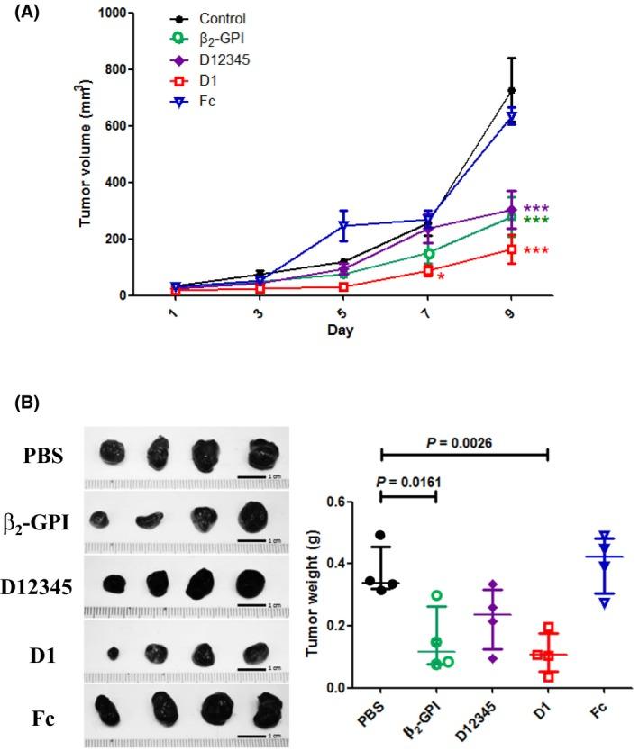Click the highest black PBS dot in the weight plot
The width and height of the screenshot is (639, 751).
pyautogui.click(x=380, y=536)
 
